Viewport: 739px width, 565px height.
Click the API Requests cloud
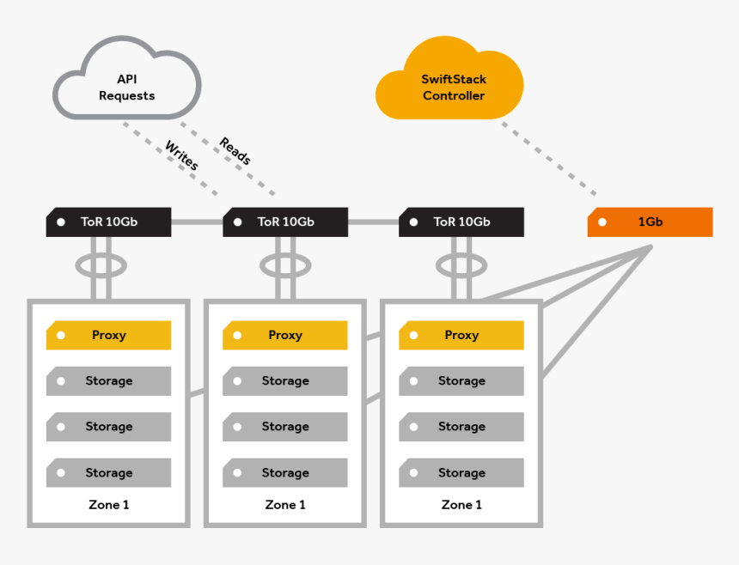[x=126, y=87]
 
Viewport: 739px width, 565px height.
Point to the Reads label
[x=235, y=151]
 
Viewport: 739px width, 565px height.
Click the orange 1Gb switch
[x=650, y=222]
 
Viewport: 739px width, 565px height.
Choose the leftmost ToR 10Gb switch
[x=108, y=222]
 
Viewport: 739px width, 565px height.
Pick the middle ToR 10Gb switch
[x=285, y=222]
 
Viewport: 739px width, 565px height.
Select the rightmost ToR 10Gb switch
[x=461, y=222]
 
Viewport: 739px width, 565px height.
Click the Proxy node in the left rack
[x=108, y=335]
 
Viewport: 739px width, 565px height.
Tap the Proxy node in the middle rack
[x=285, y=335]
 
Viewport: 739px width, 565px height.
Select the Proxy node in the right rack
[x=461, y=335]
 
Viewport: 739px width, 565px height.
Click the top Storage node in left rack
[x=108, y=380]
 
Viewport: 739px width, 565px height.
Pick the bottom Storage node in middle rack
[x=285, y=472]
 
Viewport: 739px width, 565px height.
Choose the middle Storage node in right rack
[x=461, y=427]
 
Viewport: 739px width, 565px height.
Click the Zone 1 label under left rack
[x=108, y=505]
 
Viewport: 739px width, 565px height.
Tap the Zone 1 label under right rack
[x=461, y=505]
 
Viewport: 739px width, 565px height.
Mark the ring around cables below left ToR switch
[x=82, y=264]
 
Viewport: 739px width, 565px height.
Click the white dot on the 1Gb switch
[x=602, y=222]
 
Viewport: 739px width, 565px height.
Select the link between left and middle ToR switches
[x=197, y=222]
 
